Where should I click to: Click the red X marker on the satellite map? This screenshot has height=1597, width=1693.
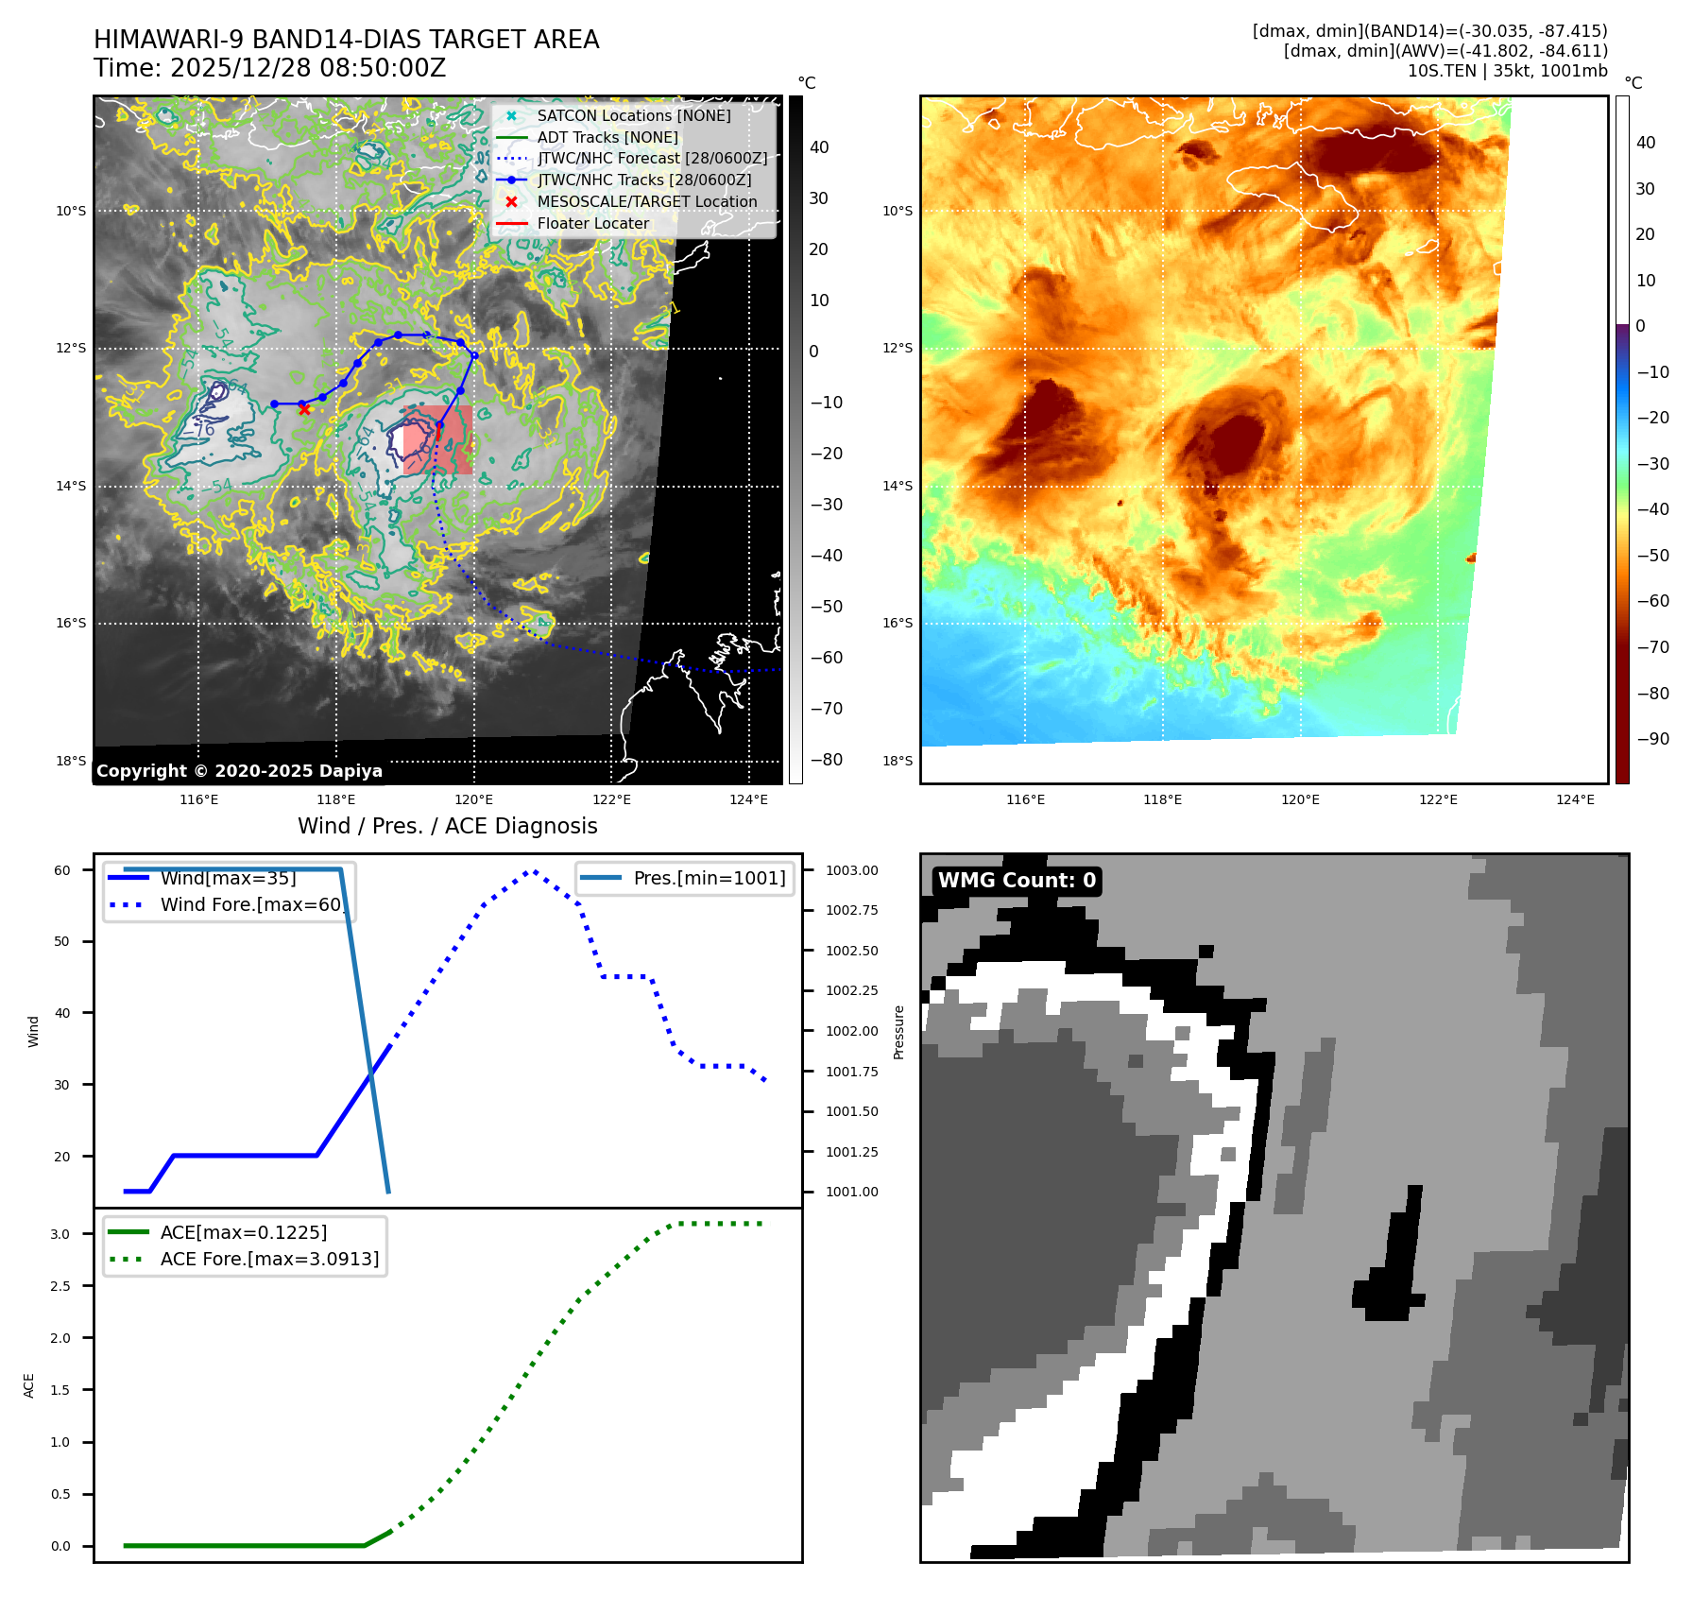coord(304,409)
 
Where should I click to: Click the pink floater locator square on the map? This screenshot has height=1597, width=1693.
coord(437,439)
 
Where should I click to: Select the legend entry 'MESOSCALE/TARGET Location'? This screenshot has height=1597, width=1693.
coord(646,201)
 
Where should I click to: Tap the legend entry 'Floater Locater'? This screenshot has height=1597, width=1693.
coord(592,223)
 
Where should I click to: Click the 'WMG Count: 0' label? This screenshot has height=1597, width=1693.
coord(1017,881)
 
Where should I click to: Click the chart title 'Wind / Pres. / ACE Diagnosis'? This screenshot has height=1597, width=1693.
coord(447,826)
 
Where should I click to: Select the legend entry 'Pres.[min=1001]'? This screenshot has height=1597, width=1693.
coord(709,878)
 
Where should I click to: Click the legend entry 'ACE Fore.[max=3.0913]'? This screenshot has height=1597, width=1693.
coord(269,1259)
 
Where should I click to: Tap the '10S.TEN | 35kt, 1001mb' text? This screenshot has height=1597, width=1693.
coord(1507,71)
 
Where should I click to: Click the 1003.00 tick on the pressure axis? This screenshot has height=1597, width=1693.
coord(851,870)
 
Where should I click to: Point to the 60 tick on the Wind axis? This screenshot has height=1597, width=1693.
coord(62,870)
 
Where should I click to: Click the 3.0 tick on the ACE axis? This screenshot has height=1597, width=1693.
coord(60,1234)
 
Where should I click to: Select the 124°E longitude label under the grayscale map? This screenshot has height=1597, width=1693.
coord(748,799)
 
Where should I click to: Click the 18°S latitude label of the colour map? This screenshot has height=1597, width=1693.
coord(898,761)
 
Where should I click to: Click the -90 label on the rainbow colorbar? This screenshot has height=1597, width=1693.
coord(1652,739)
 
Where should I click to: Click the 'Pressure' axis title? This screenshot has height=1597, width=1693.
coord(898,1032)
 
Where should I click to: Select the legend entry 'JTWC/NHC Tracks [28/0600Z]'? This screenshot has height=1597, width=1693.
coord(644,180)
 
